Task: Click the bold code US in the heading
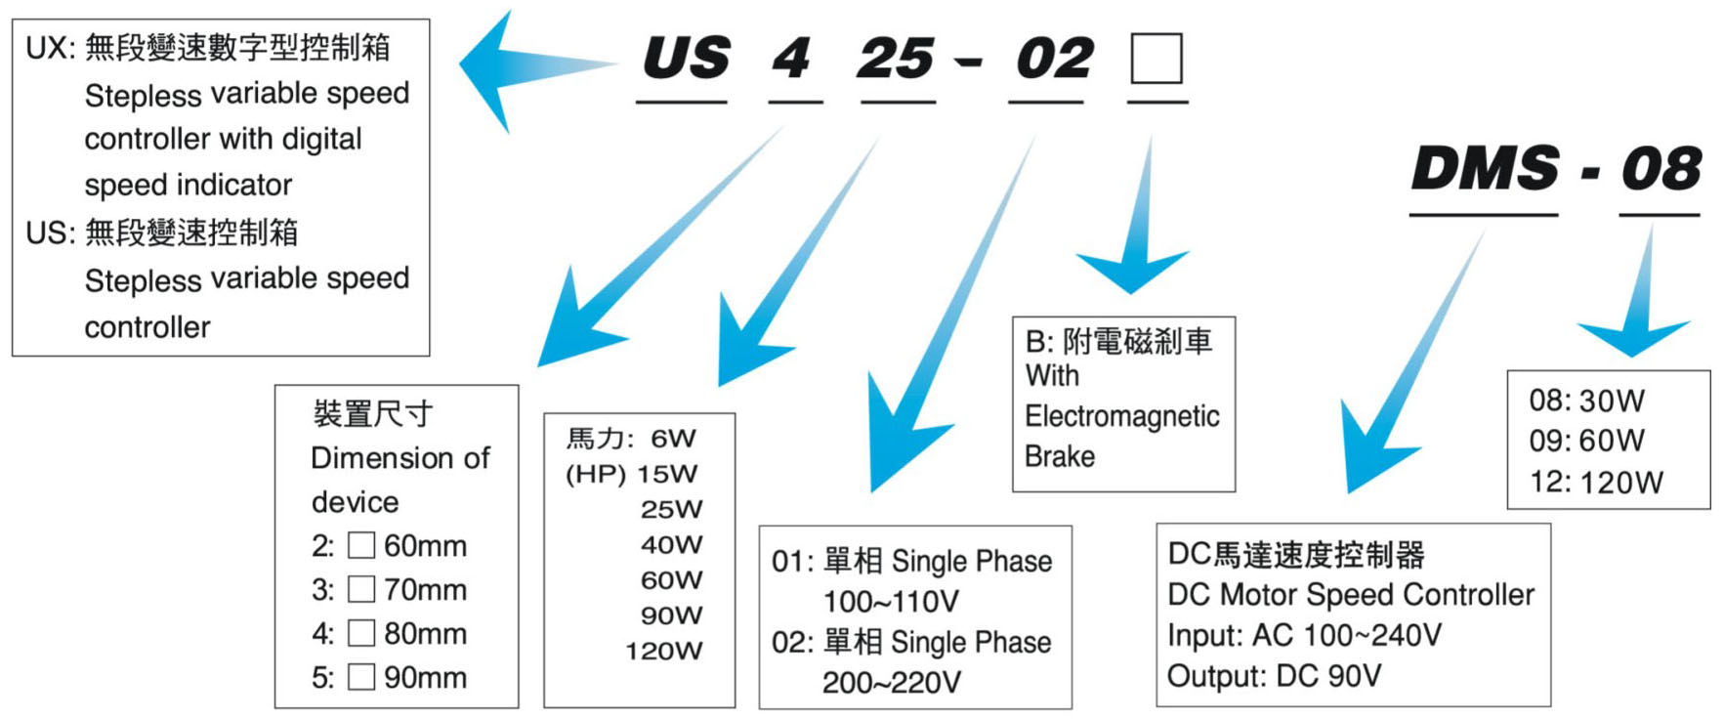click(686, 59)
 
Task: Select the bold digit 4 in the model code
click(791, 59)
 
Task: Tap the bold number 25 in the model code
click(896, 59)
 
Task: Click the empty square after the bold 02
click(1156, 59)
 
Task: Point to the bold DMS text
click(1485, 168)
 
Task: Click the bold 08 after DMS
click(1661, 168)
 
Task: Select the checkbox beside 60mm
click(361, 545)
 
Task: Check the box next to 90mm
click(361, 677)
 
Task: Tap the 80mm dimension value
click(425, 633)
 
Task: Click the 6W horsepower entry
click(673, 439)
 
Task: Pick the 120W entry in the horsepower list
click(663, 651)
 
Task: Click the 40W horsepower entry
click(671, 544)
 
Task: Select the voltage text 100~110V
click(891, 602)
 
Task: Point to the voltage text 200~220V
click(891, 683)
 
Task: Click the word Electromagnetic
click(1121, 416)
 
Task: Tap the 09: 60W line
click(1586, 441)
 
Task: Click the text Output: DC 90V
click(1274, 676)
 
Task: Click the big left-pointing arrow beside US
click(518, 68)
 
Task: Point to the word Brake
click(1060, 456)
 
